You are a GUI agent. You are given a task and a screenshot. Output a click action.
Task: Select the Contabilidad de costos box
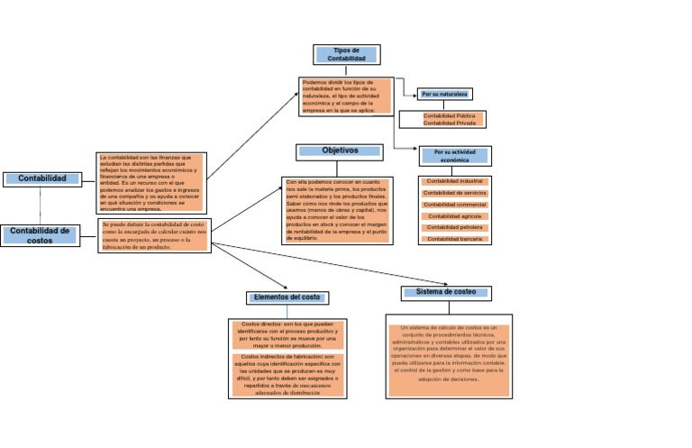pos(40,235)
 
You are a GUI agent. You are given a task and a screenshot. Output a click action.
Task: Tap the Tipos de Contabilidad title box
pos(346,54)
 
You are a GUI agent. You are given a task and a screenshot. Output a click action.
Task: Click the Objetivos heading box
pos(341,151)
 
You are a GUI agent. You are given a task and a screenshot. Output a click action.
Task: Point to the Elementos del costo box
pos(287,297)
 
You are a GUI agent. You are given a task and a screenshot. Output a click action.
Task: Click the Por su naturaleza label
pos(446,94)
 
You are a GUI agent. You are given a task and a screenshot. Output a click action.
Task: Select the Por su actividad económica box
pos(454,156)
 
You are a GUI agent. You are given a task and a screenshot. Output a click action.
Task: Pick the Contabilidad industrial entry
pos(454,181)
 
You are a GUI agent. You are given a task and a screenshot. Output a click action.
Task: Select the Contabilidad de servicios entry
pos(454,193)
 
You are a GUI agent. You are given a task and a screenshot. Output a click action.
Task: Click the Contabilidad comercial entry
pos(454,205)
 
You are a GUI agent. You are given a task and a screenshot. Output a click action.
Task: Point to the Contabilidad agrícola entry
pos(454,216)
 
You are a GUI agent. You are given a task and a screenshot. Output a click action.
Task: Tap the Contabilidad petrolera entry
pos(454,227)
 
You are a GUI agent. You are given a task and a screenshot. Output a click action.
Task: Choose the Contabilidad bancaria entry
pos(454,239)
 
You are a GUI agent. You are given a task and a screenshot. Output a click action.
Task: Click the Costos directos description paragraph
pos(287,334)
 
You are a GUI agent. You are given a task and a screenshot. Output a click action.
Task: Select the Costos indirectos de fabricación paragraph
pos(287,374)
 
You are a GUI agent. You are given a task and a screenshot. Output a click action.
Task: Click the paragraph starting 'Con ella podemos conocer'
pos(339,209)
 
